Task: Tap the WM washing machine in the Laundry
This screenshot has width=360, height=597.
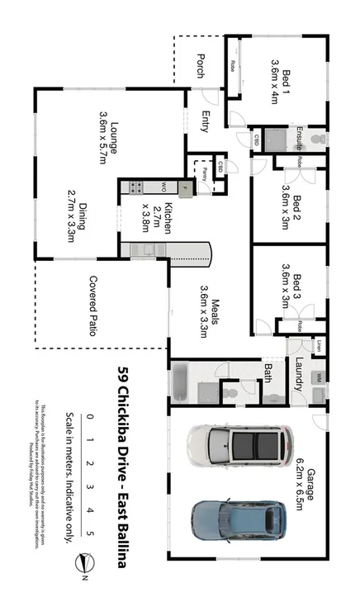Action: [x=319, y=377]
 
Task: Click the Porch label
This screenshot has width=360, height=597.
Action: [x=201, y=66]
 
